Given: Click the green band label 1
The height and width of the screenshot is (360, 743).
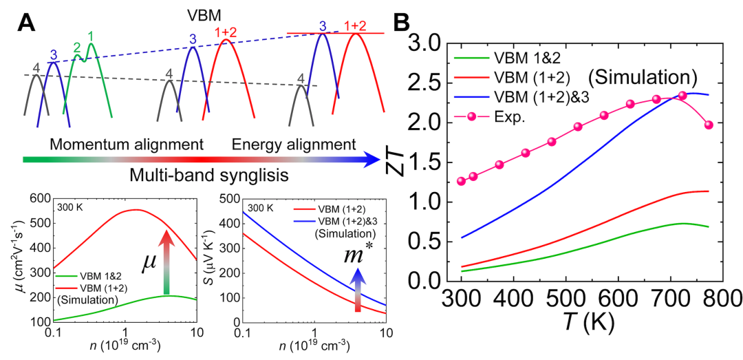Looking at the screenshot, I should point(90,35).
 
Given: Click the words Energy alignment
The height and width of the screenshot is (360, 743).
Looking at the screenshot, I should point(294,145).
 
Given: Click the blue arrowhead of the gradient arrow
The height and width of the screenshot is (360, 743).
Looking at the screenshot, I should point(371,160).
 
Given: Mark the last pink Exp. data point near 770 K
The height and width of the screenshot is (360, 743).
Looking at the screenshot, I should point(709,125).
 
